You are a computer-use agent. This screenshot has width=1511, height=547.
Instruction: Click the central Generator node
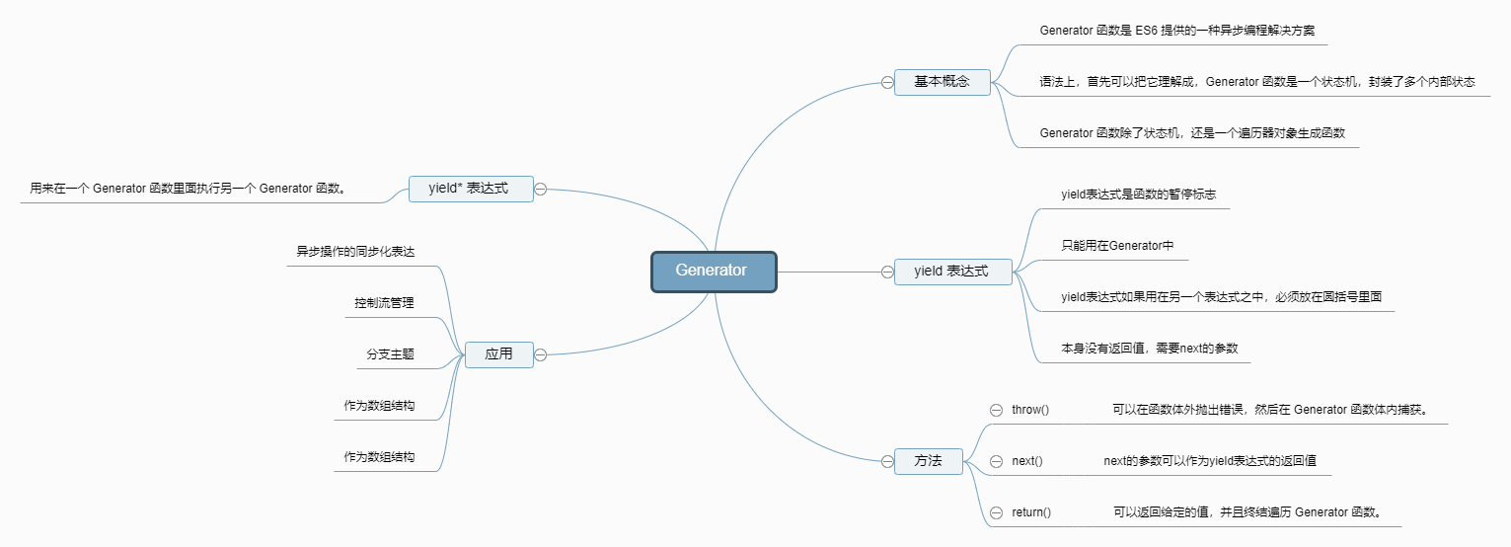click(714, 272)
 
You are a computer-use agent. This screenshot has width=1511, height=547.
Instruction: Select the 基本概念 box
click(943, 82)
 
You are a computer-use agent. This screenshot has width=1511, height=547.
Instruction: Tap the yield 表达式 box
click(953, 272)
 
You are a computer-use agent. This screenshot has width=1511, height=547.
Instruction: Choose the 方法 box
click(928, 461)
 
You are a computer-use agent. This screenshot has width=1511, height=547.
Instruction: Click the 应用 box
click(499, 354)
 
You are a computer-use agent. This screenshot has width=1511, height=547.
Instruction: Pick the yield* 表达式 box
click(471, 189)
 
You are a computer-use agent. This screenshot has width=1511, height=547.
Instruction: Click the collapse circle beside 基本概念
click(887, 82)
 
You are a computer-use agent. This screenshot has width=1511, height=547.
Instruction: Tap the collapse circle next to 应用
click(540, 354)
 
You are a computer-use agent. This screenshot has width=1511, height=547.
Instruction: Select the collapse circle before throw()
click(997, 410)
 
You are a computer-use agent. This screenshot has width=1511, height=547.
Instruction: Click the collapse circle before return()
click(997, 512)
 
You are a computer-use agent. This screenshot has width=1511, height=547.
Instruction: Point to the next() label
click(1027, 461)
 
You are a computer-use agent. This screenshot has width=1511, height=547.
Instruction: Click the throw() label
click(1030, 410)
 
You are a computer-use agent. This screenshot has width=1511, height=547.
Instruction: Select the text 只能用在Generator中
click(1117, 246)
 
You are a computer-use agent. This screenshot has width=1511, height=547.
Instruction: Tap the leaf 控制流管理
click(385, 303)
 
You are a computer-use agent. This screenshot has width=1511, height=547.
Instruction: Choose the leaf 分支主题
click(390, 354)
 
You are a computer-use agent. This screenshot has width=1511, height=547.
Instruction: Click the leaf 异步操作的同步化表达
click(355, 252)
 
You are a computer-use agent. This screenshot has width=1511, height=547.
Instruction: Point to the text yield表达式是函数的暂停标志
click(1139, 195)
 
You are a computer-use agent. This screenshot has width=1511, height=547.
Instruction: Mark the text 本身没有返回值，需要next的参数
click(1150, 349)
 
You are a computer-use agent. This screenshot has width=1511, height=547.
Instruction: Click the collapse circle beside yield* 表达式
click(540, 190)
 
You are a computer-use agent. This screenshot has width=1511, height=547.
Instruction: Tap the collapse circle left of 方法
click(887, 461)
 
